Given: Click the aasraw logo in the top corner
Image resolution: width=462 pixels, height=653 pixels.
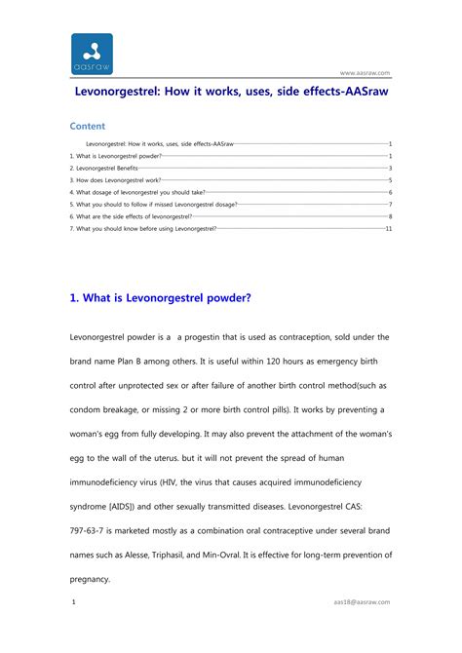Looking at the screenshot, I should pyautogui.click(x=92, y=54).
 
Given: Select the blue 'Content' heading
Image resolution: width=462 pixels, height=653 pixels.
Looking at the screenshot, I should pyautogui.click(x=88, y=126).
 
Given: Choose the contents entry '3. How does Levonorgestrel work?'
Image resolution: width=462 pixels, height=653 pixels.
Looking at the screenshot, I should pyautogui.click(x=115, y=180).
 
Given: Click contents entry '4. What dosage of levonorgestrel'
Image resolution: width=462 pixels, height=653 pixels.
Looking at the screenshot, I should pyautogui.click(x=137, y=193).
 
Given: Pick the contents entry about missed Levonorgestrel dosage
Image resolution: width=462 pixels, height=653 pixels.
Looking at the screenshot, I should pyautogui.click(x=153, y=205).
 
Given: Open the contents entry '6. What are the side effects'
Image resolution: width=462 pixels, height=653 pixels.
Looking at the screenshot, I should pyautogui.click(x=131, y=216).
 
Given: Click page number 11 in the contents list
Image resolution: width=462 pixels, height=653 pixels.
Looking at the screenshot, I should pyautogui.click(x=388, y=228).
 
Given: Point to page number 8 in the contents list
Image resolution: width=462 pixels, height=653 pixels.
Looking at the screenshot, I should pyautogui.click(x=390, y=216).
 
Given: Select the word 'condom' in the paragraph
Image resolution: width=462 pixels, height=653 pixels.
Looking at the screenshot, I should pyautogui.click(x=88, y=409).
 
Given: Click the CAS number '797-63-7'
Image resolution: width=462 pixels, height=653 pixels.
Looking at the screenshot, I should pyautogui.click(x=90, y=530).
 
